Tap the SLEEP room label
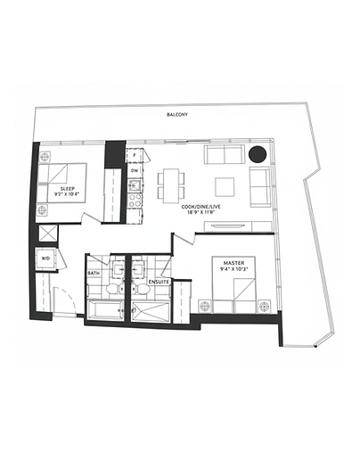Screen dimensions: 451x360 [67, 189]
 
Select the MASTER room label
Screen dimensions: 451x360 [234, 261]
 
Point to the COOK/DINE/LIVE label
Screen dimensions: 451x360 [201, 207]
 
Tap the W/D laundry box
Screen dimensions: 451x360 [45, 258]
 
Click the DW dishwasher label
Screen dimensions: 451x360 [134, 170]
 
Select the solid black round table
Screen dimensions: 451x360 [257, 154]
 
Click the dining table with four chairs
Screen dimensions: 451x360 [170, 184]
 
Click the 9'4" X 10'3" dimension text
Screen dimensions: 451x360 [234, 269]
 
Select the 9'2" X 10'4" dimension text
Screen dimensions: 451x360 [67, 197]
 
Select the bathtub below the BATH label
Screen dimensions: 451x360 [106, 310]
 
